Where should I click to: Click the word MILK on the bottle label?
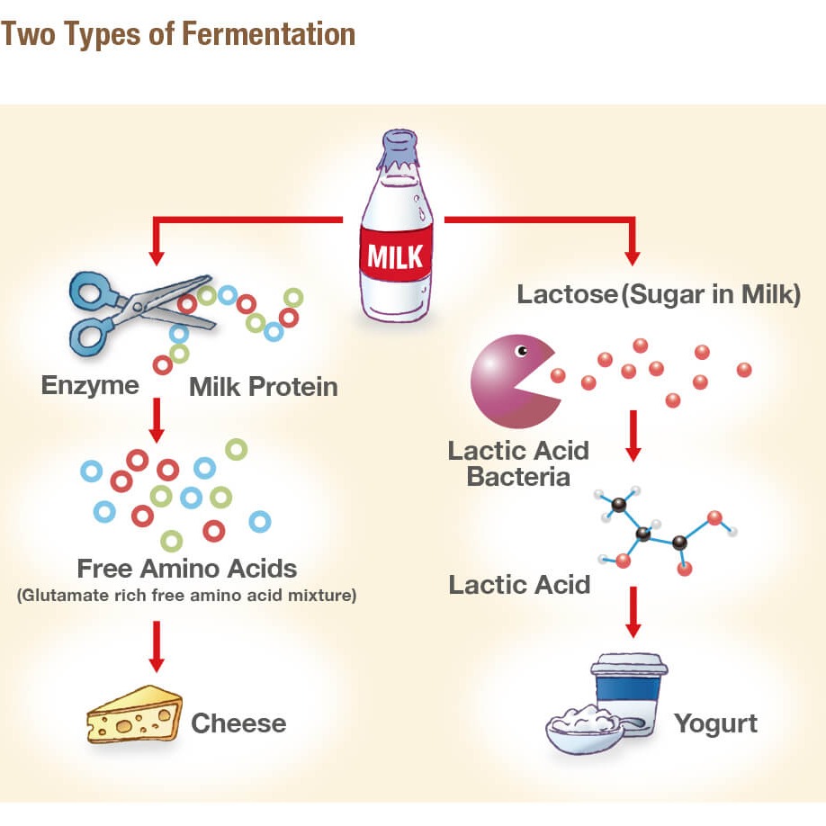pos(395,256)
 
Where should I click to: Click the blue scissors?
pos(137,313)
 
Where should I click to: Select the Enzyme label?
pos(90,386)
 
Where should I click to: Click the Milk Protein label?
pos(264,387)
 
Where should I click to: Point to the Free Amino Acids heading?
pos(187,569)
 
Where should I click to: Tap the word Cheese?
pos(238,723)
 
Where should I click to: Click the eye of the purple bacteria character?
pos(522,350)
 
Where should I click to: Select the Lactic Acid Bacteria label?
pos(518,463)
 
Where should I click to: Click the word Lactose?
pos(568,294)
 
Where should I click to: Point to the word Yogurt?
pos(716,723)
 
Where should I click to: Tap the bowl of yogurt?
pos(585,730)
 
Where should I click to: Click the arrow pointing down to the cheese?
pos(157,646)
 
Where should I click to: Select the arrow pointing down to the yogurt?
pos(633,612)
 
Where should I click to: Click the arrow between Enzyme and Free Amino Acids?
pos(157,420)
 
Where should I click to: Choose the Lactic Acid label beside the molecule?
pos(519,585)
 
